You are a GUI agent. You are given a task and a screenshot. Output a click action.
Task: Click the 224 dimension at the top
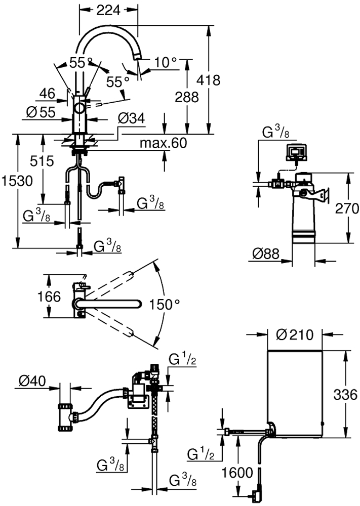108,10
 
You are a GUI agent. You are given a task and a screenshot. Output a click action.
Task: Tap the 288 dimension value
187,97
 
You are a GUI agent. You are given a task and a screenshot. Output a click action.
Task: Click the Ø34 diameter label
131,118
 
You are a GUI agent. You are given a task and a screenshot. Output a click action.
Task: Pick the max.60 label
164,143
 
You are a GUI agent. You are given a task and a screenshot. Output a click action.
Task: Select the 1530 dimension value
17,181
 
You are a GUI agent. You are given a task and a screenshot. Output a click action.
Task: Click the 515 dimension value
42,161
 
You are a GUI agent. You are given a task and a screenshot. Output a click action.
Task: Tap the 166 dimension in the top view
49,296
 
